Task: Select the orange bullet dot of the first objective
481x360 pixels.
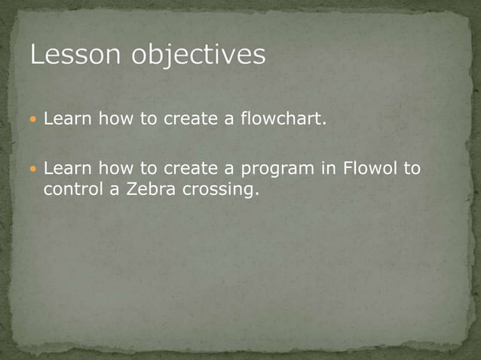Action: point(33,120)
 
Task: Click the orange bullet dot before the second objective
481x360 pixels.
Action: point(33,169)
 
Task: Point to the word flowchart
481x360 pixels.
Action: point(283,119)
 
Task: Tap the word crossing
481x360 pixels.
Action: point(220,191)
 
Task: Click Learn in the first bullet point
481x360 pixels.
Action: point(66,119)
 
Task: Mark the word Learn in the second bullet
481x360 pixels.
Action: point(66,168)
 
